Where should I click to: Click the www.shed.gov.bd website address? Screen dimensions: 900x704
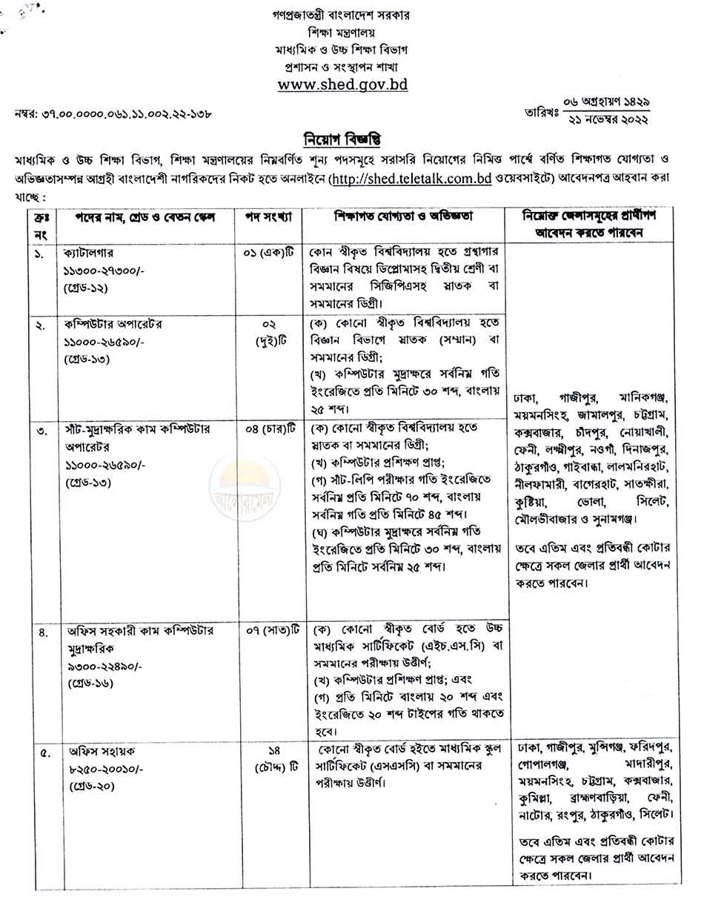click(x=342, y=85)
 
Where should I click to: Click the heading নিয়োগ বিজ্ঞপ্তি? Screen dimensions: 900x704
click(x=342, y=139)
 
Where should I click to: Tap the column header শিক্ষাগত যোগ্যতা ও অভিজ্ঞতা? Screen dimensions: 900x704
click(x=405, y=216)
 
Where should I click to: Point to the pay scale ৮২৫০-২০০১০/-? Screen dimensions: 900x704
click(x=103, y=769)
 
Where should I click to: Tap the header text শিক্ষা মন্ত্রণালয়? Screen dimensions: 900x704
click(x=342, y=32)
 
